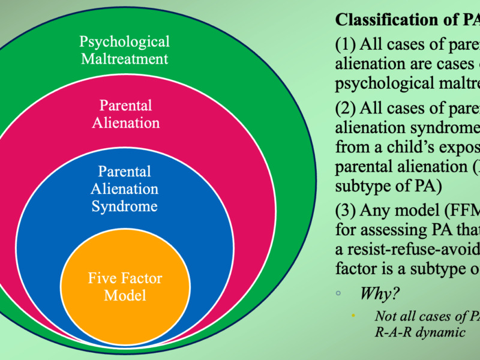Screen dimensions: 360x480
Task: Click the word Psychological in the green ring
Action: coord(125,42)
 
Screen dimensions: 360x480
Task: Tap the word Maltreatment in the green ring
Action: coord(125,59)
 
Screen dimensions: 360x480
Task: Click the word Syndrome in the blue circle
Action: coord(124,206)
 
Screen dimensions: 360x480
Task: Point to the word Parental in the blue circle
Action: coord(125,171)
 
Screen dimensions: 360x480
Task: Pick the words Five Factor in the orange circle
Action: coord(125,278)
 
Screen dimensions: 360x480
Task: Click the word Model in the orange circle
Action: coord(125,295)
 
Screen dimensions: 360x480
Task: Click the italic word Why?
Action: coord(380,294)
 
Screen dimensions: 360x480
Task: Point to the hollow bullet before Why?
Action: coord(338,295)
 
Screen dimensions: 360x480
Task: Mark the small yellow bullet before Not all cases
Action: coord(354,315)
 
